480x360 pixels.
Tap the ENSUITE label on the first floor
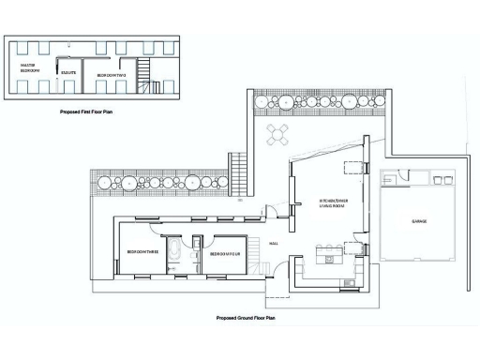[x=67, y=71]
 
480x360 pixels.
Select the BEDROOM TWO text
[x=109, y=73]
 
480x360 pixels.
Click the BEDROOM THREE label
[x=142, y=252]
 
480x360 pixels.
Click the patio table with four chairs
[x=277, y=134]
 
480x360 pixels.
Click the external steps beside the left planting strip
[x=240, y=170]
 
